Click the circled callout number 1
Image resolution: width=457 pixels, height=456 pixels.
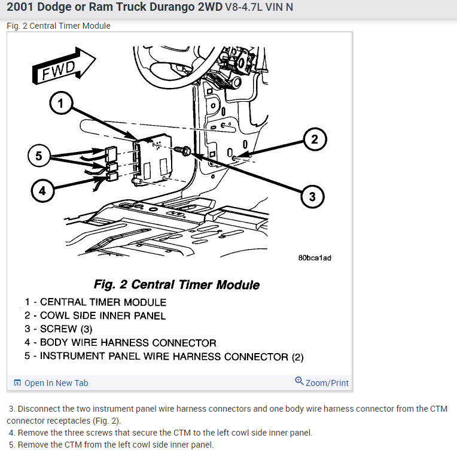tap(60, 104)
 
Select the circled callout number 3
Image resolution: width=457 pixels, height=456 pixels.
tap(312, 196)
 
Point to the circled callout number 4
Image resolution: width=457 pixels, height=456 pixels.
tap(42, 191)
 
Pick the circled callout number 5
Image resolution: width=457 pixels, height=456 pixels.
tap(39, 156)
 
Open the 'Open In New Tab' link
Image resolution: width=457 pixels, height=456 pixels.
tap(51, 383)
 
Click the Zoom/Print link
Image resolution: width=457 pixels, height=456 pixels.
tap(322, 382)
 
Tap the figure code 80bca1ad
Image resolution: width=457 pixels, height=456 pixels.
tap(314, 258)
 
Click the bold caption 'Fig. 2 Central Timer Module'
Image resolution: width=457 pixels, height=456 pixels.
tap(176, 284)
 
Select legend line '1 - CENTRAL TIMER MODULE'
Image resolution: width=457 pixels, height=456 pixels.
tap(96, 302)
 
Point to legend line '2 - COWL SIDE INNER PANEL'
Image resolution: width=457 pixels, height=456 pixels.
tap(95, 315)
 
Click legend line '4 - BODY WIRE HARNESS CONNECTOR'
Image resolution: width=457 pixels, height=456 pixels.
tap(120, 343)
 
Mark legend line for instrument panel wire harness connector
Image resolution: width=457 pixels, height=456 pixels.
tap(164, 357)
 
